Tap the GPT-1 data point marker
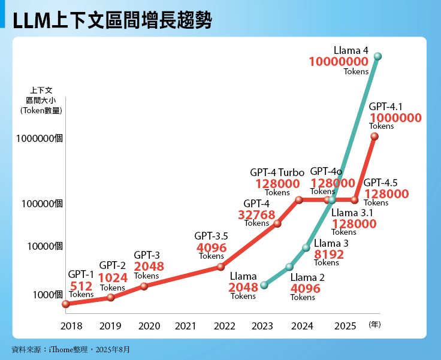(66, 304)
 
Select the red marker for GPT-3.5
(220, 267)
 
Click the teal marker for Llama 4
(377, 56)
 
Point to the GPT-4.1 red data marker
(374, 137)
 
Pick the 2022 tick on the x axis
(224, 326)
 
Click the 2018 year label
(71, 326)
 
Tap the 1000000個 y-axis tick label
(40, 138)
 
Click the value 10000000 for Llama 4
(339, 62)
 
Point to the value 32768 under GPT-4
(256, 214)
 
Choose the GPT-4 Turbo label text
(277, 173)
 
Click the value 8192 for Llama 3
(329, 254)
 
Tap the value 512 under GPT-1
(81, 286)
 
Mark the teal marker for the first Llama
(264, 285)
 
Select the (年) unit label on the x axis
(374, 325)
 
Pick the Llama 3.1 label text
(352, 213)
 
